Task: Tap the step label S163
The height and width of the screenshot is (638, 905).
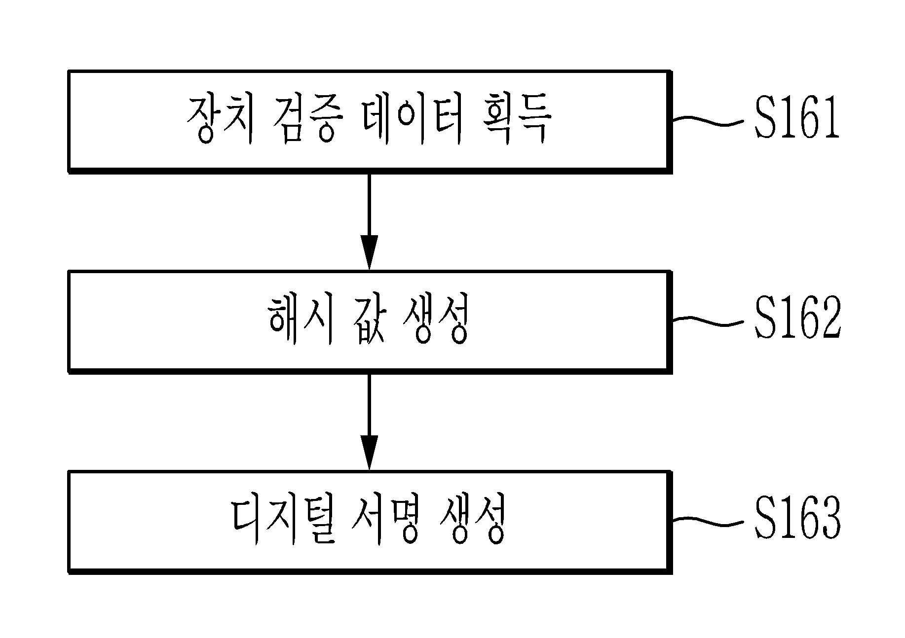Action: (797, 521)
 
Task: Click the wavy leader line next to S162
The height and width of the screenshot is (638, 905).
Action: (708, 321)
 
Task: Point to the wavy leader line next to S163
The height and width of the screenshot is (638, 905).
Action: (708, 522)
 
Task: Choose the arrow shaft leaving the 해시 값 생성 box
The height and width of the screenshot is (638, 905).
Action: (369, 405)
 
